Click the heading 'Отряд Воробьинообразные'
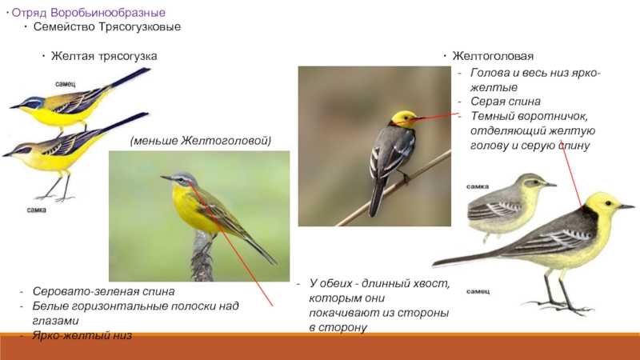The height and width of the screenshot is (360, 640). tap(89, 13)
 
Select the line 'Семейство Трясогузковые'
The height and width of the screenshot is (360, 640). tap(107, 27)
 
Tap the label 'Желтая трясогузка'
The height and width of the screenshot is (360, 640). tap(104, 56)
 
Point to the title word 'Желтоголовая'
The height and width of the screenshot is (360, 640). tap(493, 56)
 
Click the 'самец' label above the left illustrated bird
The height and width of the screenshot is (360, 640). tap(66, 84)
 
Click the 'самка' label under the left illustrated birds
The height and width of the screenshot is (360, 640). tap(36, 210)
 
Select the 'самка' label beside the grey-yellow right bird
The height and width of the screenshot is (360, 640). tap(478, 186)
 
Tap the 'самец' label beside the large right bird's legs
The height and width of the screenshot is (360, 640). tap(478, 291)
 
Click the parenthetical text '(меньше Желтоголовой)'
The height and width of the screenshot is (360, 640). tap(201, 141)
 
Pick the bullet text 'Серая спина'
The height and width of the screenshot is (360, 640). tap(506, 102)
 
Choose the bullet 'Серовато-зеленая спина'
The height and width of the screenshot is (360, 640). tap(104, 291)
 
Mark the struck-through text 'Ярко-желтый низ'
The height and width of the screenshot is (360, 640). tap(82, 335)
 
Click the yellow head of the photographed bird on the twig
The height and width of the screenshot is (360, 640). tap(402, 118)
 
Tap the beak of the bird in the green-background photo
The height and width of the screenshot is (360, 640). tap(166, 178)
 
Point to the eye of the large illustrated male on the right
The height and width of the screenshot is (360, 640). tap(608, 203)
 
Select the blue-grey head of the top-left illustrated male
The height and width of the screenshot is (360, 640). tap(33, 102)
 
